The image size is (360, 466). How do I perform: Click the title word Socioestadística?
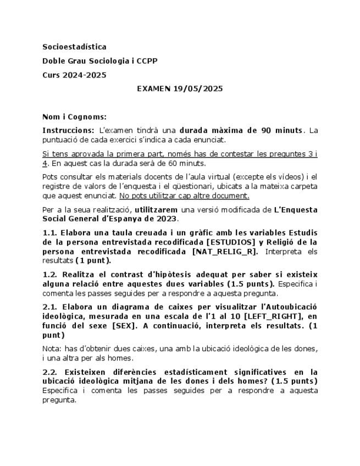pyautogui.click(x=74, y=47)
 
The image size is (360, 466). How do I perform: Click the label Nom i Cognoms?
pyautogui.click(x=74, y=116)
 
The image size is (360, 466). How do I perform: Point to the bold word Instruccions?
pyautogui.click(x=68, y=130)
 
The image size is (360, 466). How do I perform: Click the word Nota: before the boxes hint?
pyautogui.click(x=52, y=349)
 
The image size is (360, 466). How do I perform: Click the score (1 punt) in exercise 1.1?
pyautogui.click(x=92, y=260)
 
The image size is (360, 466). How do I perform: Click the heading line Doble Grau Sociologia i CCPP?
pyautogui.click(x=99, y=61)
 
